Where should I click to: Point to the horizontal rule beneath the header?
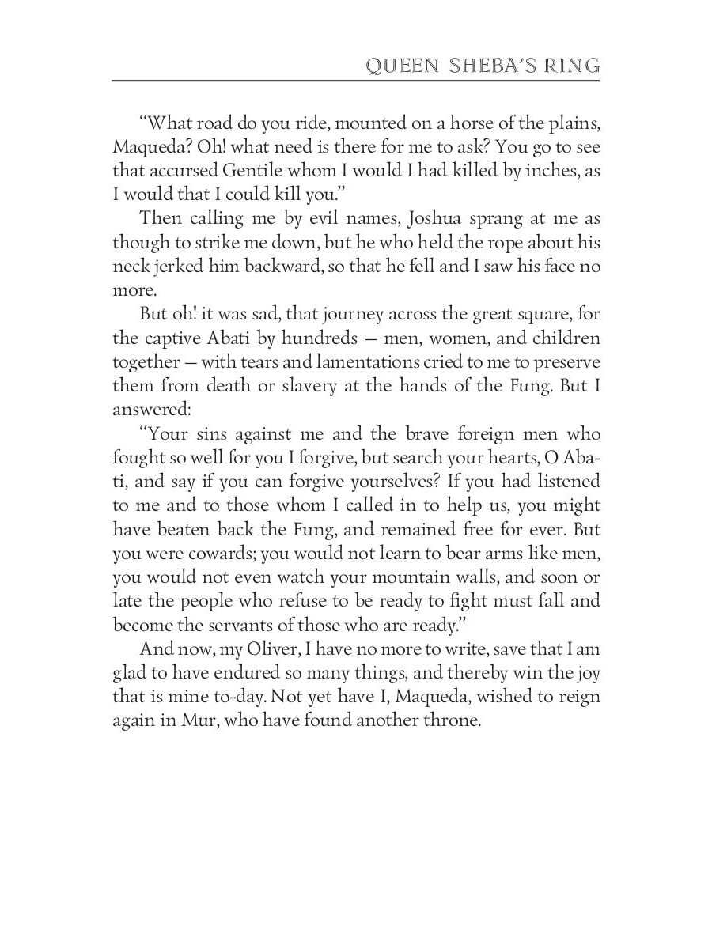[356, 80]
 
